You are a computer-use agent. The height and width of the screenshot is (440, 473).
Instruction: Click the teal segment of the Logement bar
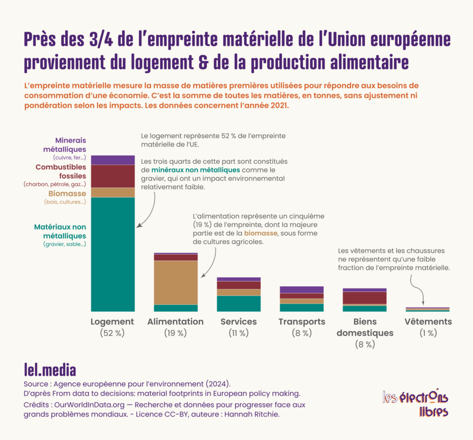point(113,254)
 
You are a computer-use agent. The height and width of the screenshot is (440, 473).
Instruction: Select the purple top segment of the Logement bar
point(113,160)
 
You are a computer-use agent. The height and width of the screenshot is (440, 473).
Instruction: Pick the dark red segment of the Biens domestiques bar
point(365,298)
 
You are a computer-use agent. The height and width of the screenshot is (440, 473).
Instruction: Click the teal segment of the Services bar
point(238,303)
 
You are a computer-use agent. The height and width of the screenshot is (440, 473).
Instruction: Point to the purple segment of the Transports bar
point(302,290)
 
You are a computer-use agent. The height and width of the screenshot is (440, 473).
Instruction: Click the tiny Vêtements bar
point(427,309)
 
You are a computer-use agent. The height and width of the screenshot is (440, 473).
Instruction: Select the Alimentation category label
point(175,322)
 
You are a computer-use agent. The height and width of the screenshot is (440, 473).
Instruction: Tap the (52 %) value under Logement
point(112,333)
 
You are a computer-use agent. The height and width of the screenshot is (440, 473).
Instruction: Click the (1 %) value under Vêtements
point(428,333)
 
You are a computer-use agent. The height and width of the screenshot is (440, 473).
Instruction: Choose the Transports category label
point(302,322)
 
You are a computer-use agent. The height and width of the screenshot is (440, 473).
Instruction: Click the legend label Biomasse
point(67,194)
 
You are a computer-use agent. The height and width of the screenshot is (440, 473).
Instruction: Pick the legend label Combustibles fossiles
point(61,171)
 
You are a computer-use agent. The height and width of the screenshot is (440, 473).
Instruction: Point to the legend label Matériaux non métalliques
point(60,231)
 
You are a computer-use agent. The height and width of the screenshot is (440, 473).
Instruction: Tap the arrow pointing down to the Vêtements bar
point(417,289)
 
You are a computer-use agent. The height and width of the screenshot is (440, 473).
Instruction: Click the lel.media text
point(50,369)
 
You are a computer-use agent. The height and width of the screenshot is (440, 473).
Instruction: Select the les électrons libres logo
point(415,404)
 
